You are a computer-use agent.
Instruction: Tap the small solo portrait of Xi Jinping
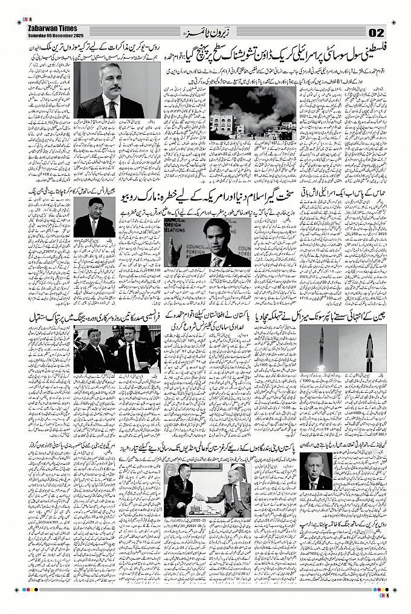pos(94,217)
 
